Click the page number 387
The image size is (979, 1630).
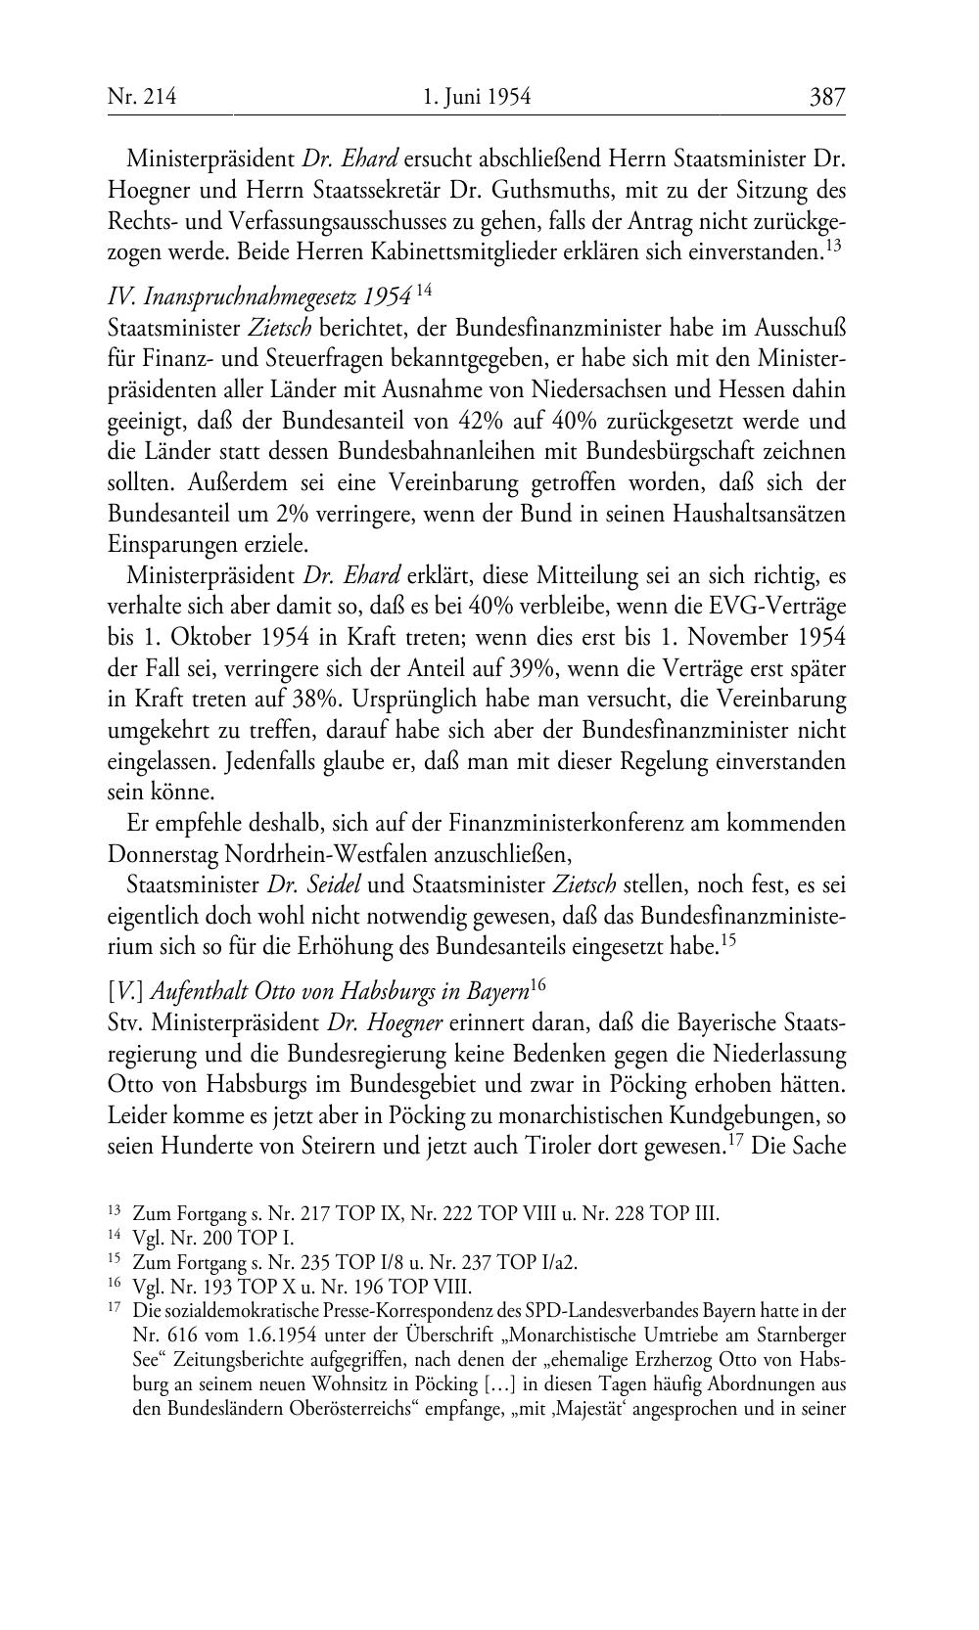(x=826, y=97)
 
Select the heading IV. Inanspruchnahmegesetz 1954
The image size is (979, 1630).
(x=259, y=295)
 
